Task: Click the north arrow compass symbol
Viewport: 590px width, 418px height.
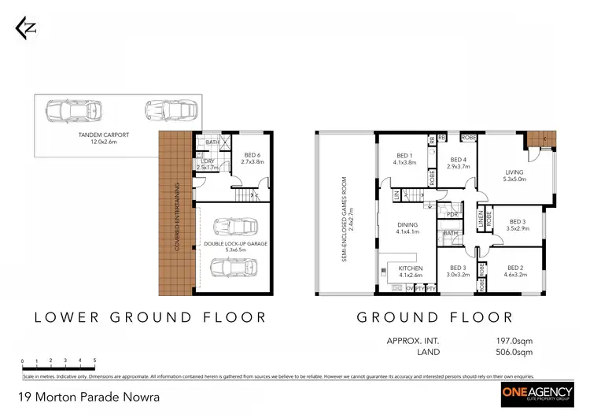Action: pos(26,29)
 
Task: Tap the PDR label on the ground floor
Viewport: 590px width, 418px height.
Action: pos(452,214)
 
